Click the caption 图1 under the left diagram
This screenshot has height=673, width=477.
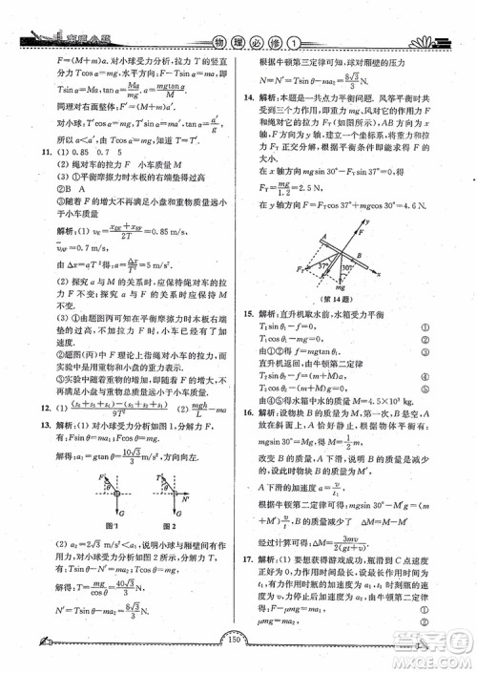pyautogui.click(x=114, y=552)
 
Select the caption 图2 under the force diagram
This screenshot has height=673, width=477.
pyautogui.click(x=173, y=552)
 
